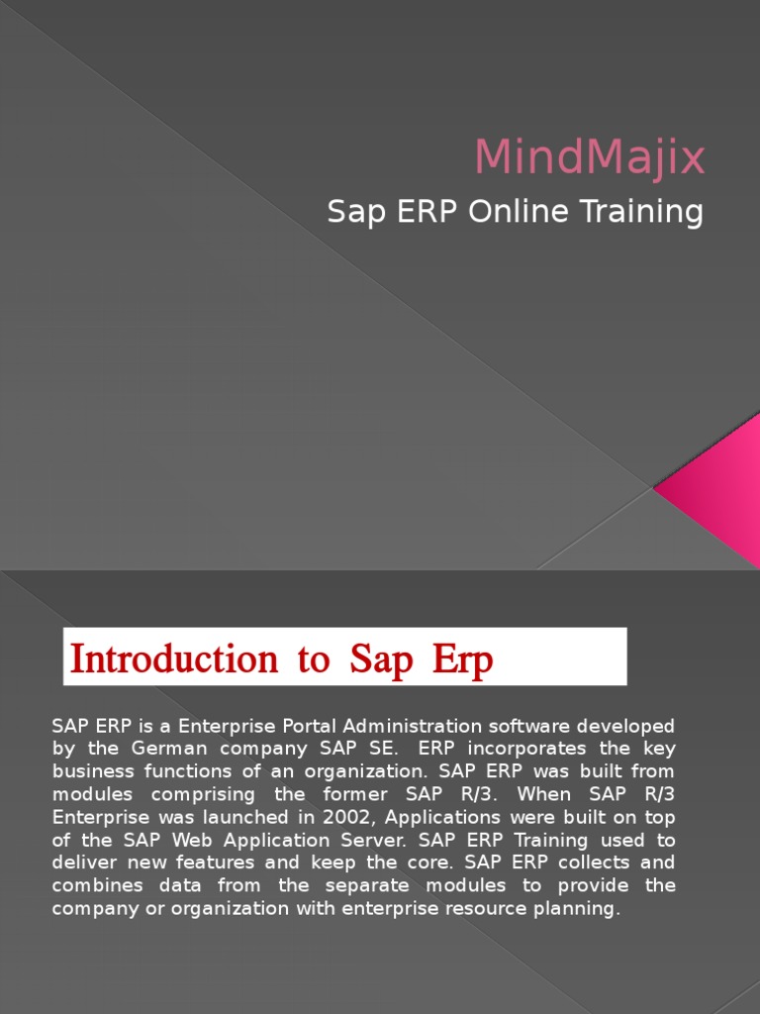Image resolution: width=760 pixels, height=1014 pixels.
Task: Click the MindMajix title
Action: tap(590, 157)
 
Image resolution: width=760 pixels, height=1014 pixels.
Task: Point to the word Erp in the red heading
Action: tap(460, 660)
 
